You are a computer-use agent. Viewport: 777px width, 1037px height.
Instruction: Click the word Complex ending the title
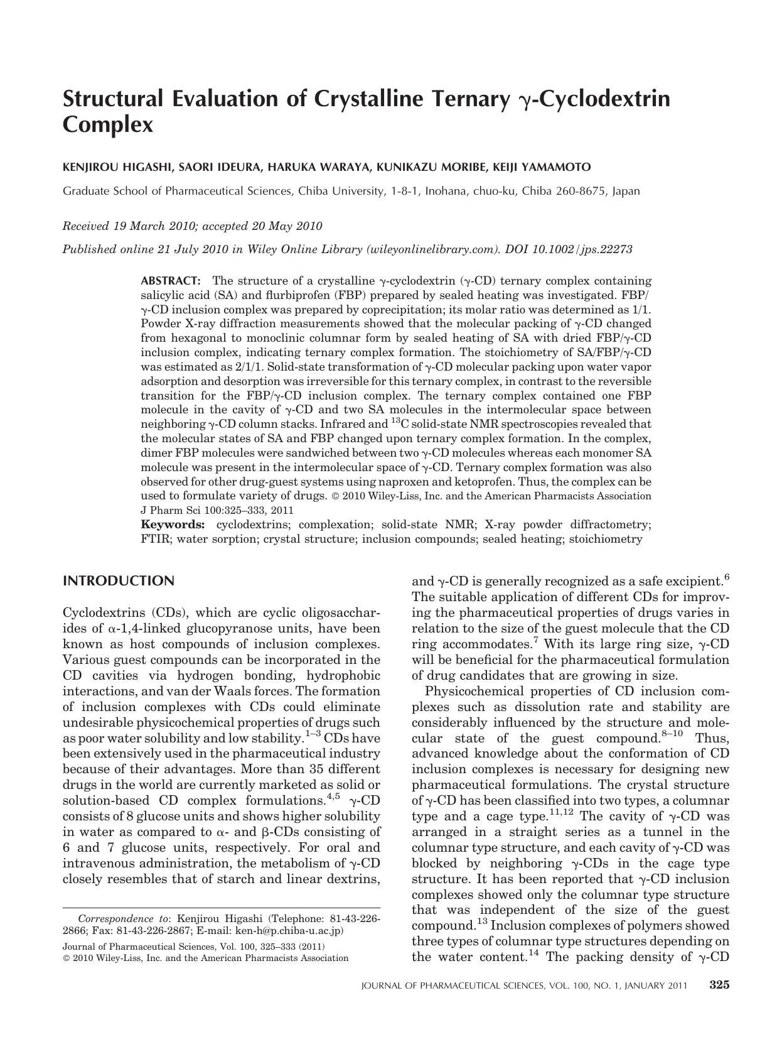[108, 125]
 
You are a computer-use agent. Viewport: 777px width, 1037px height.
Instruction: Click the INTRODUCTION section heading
[119, 581]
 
